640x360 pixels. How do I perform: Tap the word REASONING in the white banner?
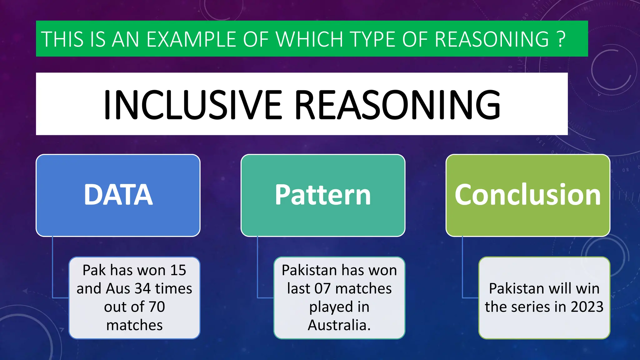(397, 105)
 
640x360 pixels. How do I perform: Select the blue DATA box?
(118, 195)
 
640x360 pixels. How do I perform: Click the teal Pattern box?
(323, 195)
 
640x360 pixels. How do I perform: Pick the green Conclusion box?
(528, 195)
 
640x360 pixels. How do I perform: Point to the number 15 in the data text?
(178, 270)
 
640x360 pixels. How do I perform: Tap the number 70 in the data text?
(157, 307)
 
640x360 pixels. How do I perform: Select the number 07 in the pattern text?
(322, 288)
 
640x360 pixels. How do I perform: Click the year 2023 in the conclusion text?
(587, 307)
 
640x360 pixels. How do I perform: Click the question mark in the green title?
(561, 39)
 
